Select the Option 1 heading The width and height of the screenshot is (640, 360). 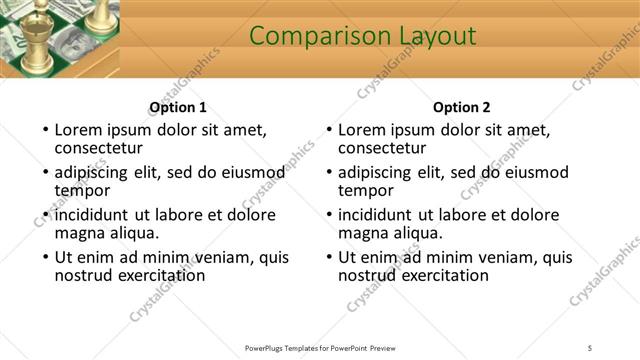(178, 108)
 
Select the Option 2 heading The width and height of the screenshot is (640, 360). (462, 108)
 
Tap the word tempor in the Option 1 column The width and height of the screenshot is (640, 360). (82, 190)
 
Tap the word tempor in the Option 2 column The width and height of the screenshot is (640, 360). (366, 190)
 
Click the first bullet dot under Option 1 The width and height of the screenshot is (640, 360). (43, 131)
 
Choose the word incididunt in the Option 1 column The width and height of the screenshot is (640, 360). (92, 215)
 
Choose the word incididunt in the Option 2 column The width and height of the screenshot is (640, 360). (376, 215)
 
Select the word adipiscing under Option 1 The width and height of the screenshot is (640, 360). (95, 172)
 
